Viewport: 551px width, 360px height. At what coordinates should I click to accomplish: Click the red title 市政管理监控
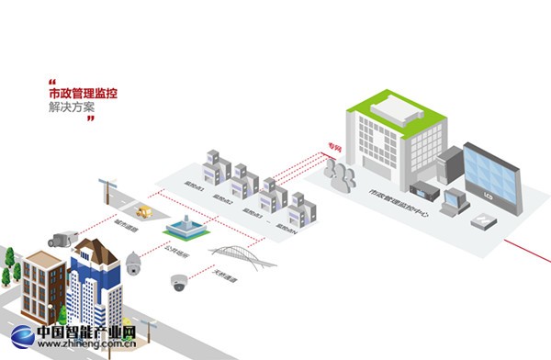tap(84, 93)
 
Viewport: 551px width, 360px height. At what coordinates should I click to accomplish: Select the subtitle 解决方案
tap(72, 108)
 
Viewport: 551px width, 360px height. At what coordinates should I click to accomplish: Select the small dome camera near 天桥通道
tap(178, 283)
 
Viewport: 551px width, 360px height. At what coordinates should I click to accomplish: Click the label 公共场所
tap(175, 250)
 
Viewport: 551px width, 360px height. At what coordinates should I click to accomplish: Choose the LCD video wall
tap(491, 174)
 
